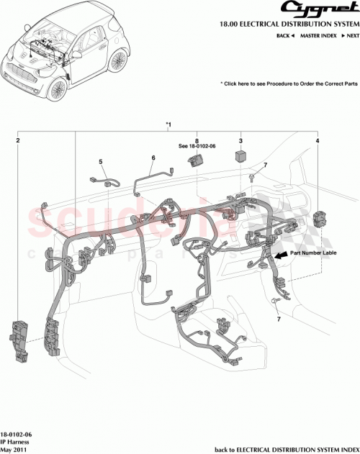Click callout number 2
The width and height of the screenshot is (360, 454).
18,142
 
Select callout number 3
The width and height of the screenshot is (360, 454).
240,142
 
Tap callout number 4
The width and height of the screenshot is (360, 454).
317,142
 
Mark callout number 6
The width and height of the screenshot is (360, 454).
153,158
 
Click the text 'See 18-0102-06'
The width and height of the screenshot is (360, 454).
197,147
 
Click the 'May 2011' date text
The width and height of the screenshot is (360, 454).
15,450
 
